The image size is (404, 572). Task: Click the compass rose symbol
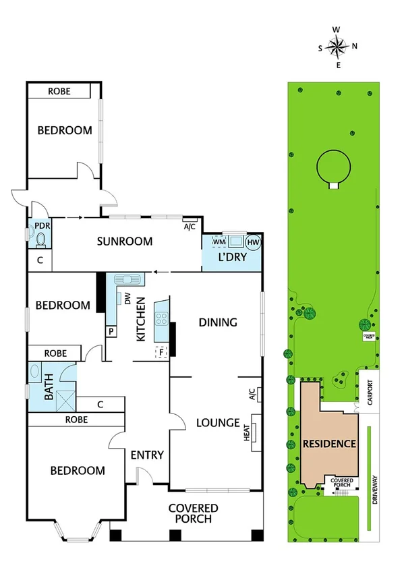(x=337, y=47)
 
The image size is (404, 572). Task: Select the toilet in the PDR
(x=40, y=239)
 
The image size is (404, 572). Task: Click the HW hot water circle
(x=254, y=243)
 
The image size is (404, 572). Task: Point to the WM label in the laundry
(x=219, y=241)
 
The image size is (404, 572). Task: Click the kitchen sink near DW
(x=126, y=279)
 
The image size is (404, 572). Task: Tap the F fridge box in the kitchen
(x=161, y=351)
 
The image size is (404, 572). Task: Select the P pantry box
(x=110, y=332)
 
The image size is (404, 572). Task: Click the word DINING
(x=218, y=322)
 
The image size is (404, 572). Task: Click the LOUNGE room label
(x=218, y=423)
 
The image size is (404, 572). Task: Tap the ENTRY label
(x=147, y=455)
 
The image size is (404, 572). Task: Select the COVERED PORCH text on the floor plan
(x=194, y=513)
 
